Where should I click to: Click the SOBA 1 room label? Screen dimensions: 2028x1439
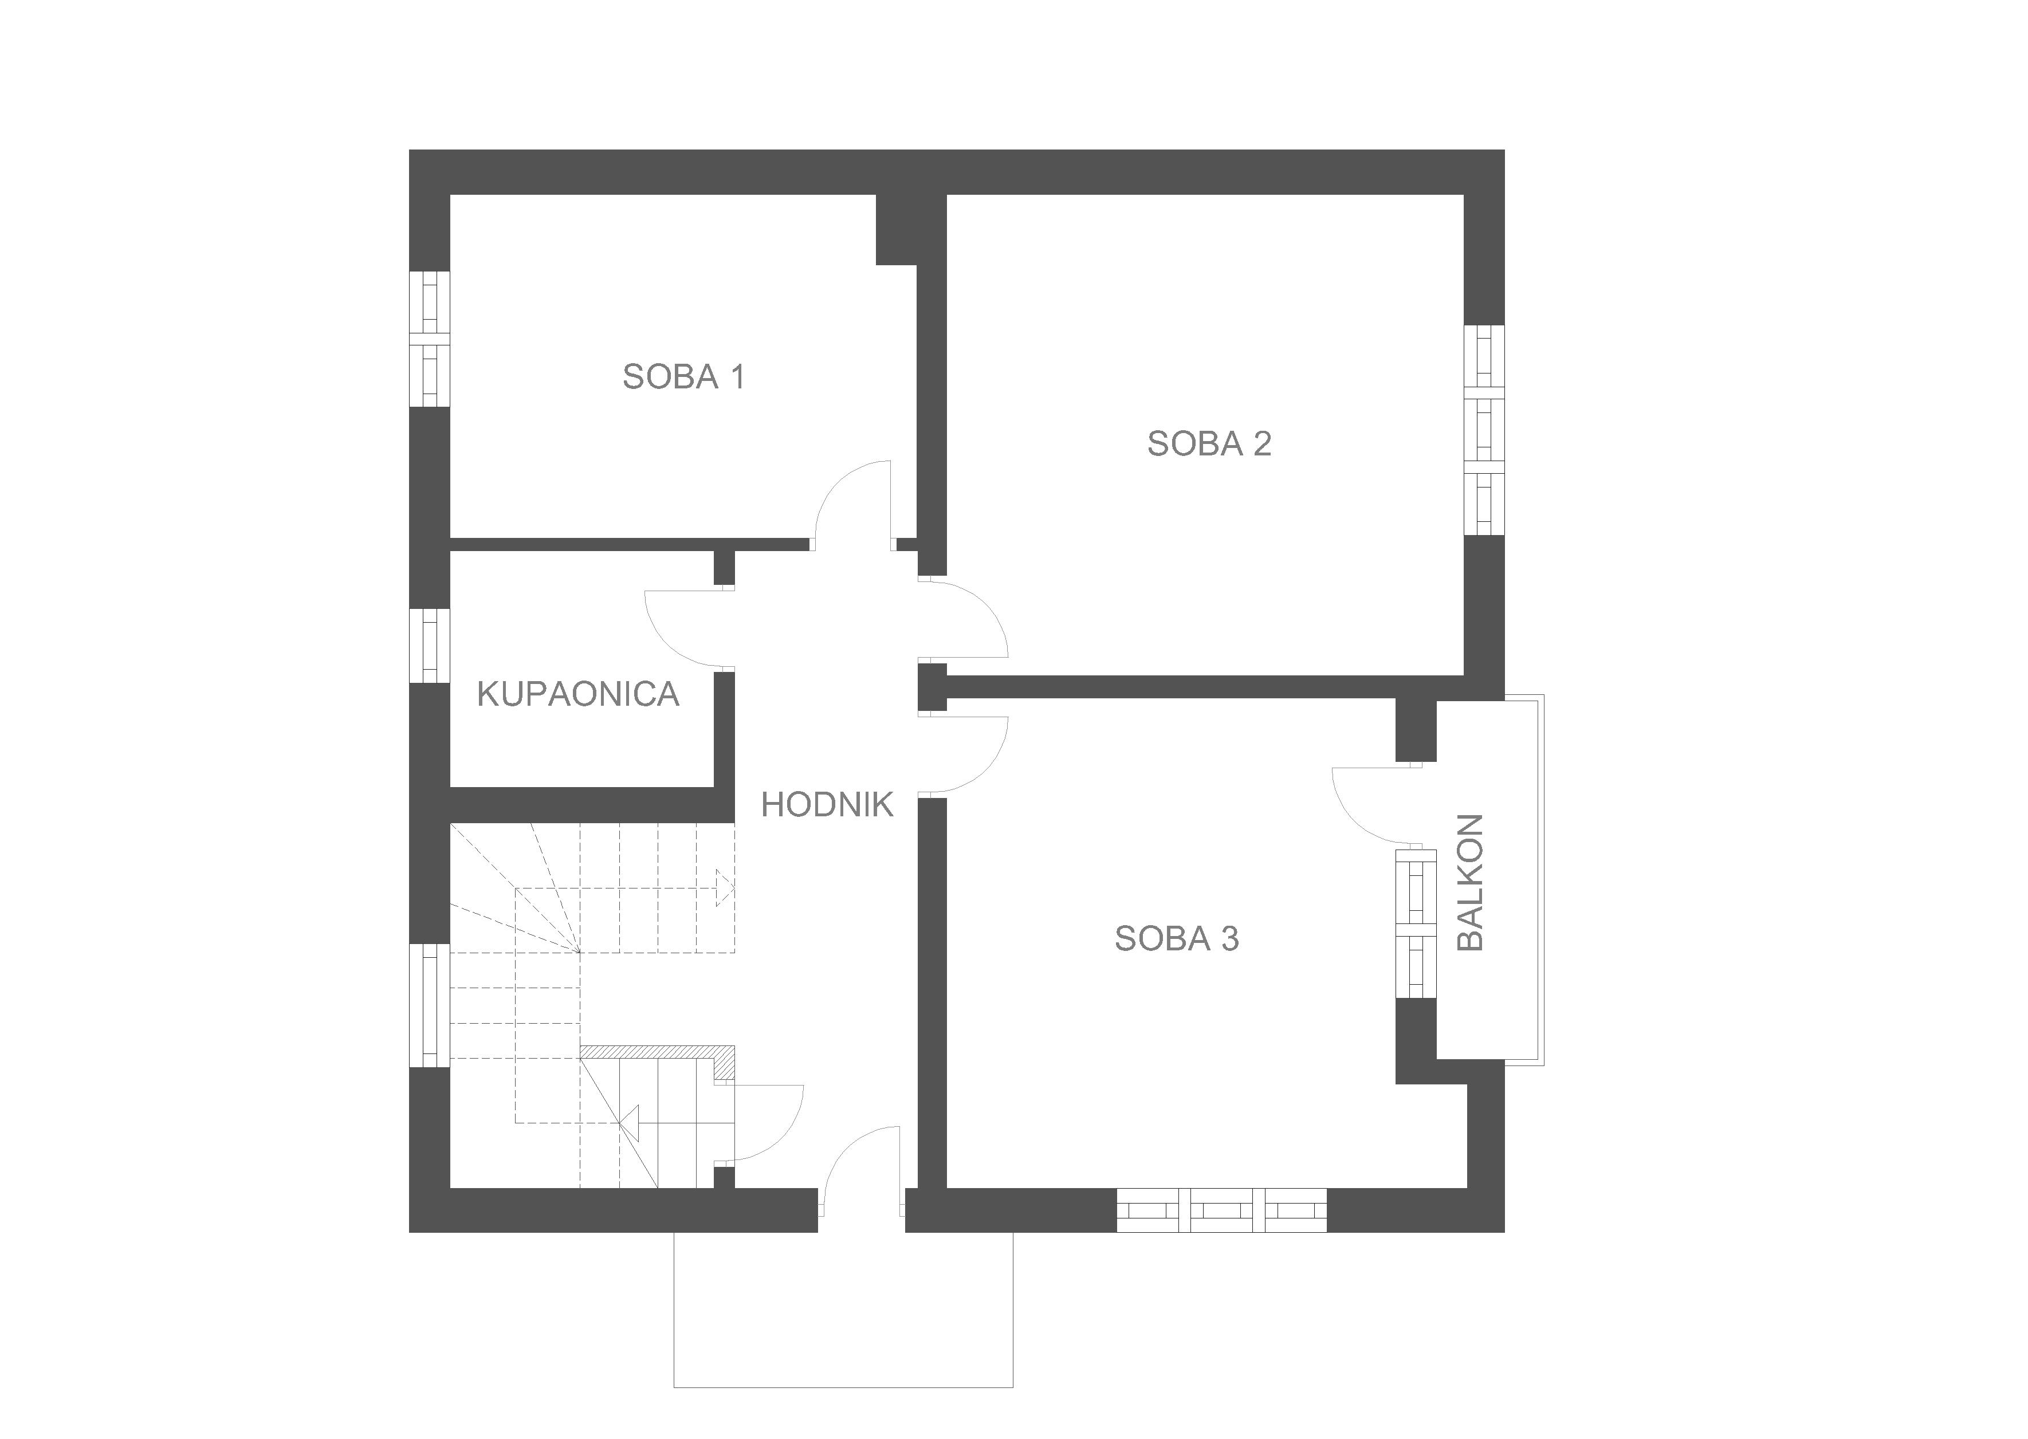[x=683, y=376]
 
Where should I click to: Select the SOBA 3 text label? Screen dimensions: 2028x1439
[x=1177, y=938]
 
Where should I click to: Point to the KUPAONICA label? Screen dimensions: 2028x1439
[x=577, y=694]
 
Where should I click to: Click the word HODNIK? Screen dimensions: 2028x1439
[x=827, y=804]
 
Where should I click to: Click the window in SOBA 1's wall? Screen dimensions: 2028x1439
[x=430, y=339]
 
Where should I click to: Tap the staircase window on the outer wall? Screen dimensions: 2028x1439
[x=430, y=1006]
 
